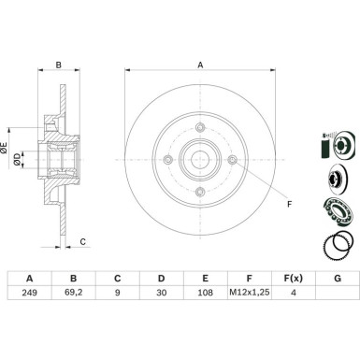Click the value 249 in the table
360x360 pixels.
(x=29, y=293)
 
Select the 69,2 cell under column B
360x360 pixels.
(x=73, y=293)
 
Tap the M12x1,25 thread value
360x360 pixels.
(x=250, y=293)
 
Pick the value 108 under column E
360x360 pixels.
(x=205, y=293)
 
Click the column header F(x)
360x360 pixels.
(x=293, y=278)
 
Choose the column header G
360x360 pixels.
(x=338, y=278)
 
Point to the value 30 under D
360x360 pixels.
(x=161, y=293)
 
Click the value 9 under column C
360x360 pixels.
(x=117, y=293)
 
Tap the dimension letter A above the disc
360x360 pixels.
(x=201, y=65)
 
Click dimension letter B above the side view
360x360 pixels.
(x=59, y=65)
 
